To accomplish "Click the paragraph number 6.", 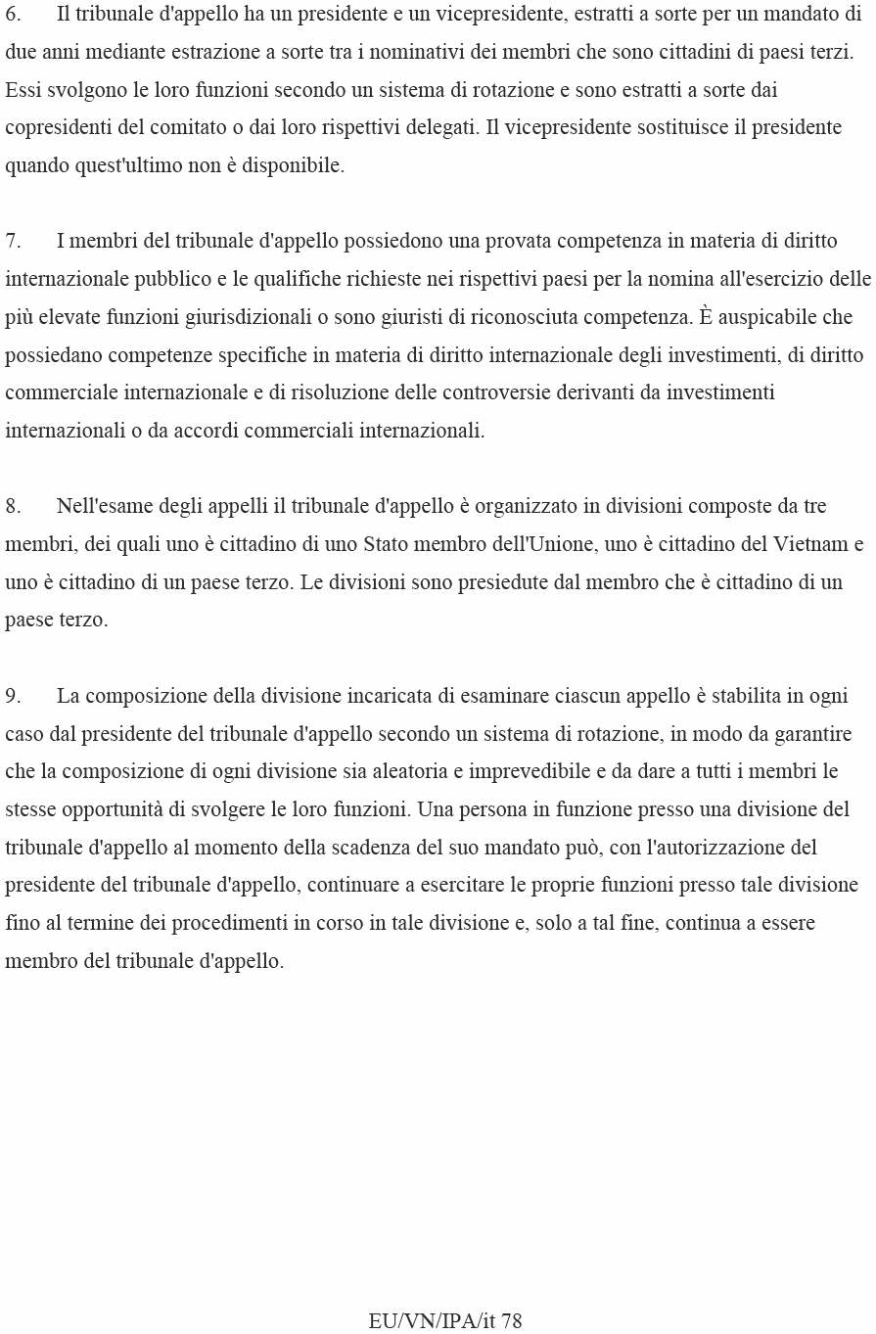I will point(13,14).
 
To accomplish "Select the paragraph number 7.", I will point(13,241).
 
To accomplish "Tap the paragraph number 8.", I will point(13,506).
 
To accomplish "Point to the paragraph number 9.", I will point(13,696).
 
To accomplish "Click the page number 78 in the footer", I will point(512,1320).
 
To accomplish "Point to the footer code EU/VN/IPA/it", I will point(433,1320).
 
